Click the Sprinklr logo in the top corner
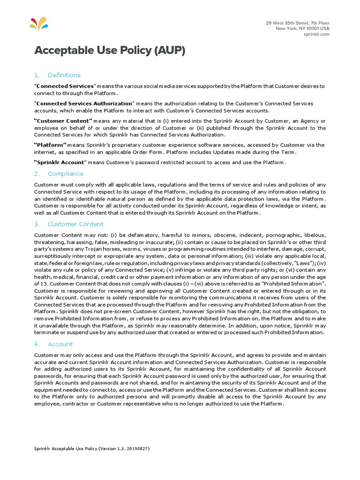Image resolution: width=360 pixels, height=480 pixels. pos(38,23)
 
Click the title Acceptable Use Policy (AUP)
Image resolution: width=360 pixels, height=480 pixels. pos(110,51)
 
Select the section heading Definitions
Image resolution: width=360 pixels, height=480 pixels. pos(64,75)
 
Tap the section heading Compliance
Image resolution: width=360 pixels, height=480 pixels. pos(65,173)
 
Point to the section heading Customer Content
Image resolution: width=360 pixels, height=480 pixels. pos(75,224)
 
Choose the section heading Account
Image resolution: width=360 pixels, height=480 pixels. pos(60,344)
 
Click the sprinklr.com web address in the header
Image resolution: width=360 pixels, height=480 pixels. pos(316,34)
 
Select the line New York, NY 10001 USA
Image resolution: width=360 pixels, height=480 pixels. pos(302,29)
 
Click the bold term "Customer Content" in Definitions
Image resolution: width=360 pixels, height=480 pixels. pos(64,121)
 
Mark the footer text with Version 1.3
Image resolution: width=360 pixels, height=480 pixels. pos(92,449)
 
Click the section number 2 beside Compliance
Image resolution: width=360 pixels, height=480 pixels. pos(36,173)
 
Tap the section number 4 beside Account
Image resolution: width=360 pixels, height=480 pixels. pos(36,344)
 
